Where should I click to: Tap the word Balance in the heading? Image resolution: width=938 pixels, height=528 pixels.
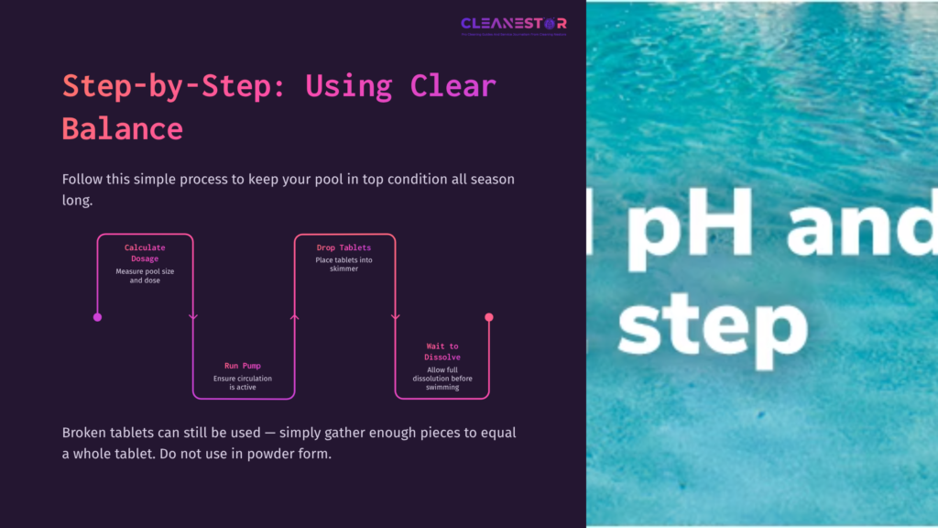click(x=122, y=127)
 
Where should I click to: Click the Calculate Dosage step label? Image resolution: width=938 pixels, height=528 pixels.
click(x=145, y=253)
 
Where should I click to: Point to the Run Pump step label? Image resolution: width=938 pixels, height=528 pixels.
click(x=242, y=366)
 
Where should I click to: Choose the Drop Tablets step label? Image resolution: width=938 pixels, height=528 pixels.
click(x=344, y=247)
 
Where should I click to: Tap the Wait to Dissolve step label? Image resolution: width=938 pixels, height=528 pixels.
click(x=442, y=351)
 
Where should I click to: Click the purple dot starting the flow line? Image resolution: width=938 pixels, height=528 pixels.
click(x=97, y=317)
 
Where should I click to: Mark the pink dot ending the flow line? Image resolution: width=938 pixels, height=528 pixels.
click(x=489, y=317)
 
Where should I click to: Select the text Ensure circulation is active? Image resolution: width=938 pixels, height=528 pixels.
click(x=242, y=383)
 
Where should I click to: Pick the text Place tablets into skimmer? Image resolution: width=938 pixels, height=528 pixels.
click(x=344, y=265)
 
